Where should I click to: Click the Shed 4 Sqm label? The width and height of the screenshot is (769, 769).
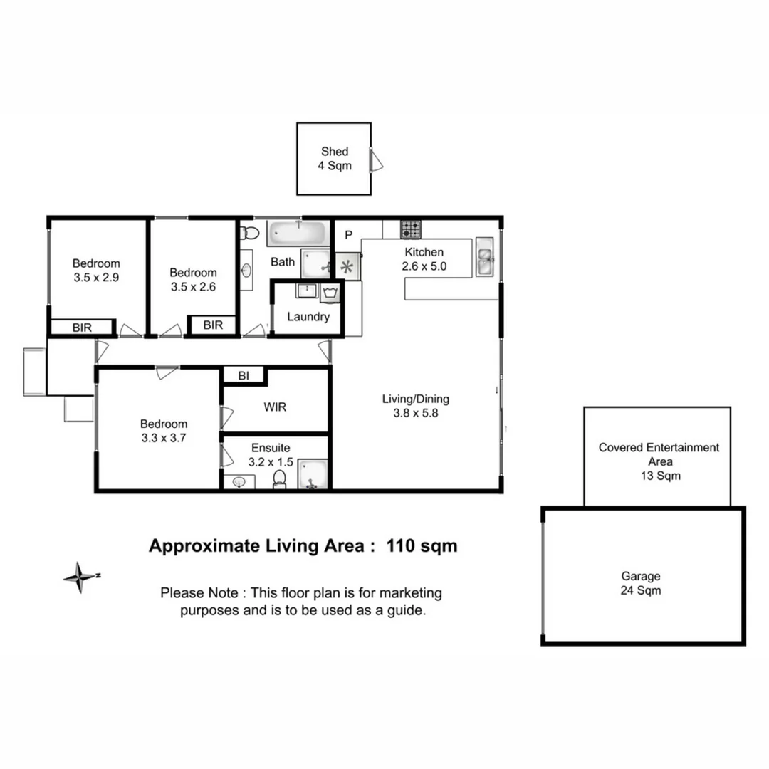(x=334, y=158)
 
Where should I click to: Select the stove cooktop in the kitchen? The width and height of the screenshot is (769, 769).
(x=410, y=229)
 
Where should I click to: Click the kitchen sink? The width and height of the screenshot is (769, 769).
(x=486, y=257)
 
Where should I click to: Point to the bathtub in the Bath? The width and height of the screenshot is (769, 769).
(x=297, y=233)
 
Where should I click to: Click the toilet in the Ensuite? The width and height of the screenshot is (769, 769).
(x=281, y=479)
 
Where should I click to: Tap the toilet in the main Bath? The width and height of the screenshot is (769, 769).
(x=249, y=233)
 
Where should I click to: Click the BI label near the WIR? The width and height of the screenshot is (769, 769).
(x=244, y=376)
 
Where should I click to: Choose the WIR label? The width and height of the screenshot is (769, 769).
(x=275, y=407)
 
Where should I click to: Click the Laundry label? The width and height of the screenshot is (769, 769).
(x=308, y=317)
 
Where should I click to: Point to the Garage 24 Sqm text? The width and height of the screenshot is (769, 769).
(x=641, y=583)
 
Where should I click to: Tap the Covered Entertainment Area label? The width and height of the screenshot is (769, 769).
(x=659, y=461)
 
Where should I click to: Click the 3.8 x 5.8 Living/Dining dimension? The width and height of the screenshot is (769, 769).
(x=415, y=412)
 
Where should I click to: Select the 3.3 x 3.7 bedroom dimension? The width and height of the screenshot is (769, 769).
(x=163, y=438)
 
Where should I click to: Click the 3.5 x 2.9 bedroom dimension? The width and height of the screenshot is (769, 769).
(x=95, y=278)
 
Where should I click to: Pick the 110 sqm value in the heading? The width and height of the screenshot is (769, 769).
(x=422, y=546)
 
